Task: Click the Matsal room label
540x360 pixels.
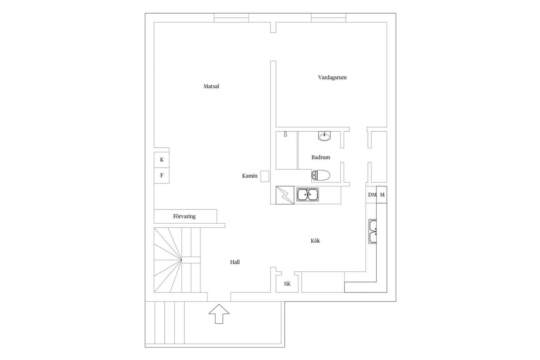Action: [211, 87]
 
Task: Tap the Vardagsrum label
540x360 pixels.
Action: [332, 77]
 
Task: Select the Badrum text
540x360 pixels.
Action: [321, 157]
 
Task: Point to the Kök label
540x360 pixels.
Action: [315, 241]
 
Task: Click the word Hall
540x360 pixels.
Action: [235, 262]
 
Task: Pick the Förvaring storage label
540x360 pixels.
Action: [184, 216]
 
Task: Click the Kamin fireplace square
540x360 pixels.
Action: [265, 176]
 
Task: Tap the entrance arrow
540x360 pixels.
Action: [219, 314]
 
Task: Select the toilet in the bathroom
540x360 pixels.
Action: [321, 175]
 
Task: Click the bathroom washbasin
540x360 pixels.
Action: [324, 136]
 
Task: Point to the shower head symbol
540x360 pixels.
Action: [285, 134]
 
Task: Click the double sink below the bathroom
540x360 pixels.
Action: [308, 195]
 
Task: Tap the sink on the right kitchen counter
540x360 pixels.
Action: [373, 231]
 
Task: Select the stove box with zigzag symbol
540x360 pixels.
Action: [285, 195]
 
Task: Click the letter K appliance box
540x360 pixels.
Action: [162, 160]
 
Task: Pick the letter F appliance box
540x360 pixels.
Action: [162, 176]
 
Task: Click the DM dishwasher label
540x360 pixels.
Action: [372, 195]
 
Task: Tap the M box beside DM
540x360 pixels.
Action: [382, 195]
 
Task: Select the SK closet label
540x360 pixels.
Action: [287, 284]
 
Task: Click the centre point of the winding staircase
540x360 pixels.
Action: [181, 260]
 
